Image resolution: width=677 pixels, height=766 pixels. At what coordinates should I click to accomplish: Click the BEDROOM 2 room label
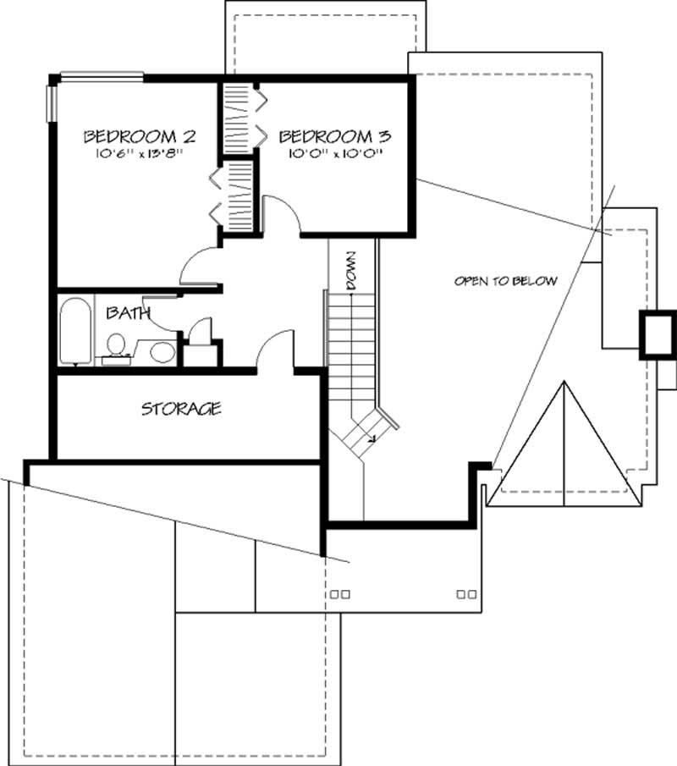coord(140,135)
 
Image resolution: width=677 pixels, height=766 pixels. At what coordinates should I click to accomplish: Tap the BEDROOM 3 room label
coord(334,135)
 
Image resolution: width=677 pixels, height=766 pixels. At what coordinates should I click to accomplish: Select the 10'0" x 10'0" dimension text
coord(336,154)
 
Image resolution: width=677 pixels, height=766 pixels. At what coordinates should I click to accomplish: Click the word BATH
coord(128,313)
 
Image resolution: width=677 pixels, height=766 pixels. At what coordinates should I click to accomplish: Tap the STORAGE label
coord(181,410)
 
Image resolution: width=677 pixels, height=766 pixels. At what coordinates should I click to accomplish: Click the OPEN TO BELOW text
coord(505,281)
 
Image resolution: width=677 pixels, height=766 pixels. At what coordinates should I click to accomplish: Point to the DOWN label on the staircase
coord(352,272)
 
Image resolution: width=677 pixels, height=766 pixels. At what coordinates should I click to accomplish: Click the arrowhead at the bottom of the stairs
coord(372,438)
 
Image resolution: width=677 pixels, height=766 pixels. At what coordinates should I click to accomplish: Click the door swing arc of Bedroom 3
coord(284,212)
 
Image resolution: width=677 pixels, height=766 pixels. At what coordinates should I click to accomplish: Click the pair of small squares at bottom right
coord(465,594)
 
